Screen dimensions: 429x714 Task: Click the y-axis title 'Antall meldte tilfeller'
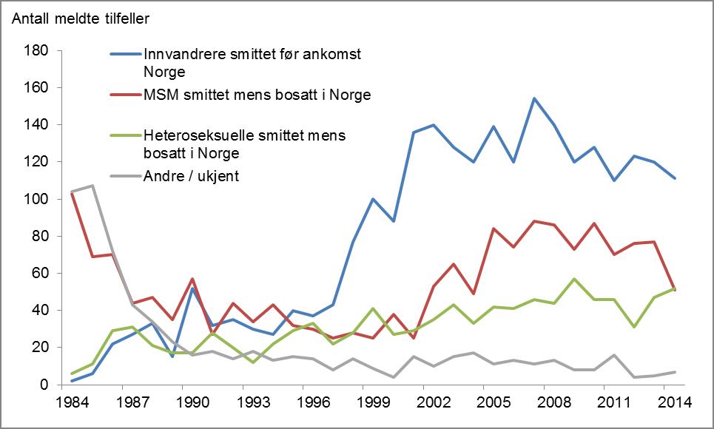84,16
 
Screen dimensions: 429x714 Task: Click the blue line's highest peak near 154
533,98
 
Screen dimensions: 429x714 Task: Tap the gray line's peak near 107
91,186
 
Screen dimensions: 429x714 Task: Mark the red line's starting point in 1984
71,193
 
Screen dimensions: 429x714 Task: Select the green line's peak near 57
574,279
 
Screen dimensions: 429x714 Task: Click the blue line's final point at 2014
675,178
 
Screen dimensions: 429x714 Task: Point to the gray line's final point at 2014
675,371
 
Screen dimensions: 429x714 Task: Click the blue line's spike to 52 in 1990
192,288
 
